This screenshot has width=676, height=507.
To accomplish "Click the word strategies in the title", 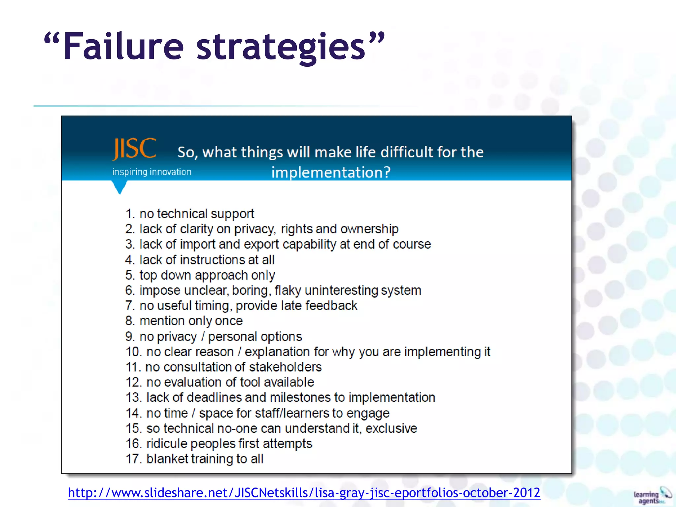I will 281,48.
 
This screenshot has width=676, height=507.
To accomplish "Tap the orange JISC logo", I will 134,149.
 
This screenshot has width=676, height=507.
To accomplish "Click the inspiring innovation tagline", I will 152,172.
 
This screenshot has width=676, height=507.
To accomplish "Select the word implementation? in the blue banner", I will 331,172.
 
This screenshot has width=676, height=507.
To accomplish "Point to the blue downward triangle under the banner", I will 119,188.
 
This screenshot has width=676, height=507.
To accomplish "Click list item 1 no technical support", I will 190,214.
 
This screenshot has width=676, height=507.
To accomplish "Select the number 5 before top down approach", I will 129,275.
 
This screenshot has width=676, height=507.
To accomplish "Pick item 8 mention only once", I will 184,321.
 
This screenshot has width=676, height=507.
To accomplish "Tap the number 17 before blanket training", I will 133,459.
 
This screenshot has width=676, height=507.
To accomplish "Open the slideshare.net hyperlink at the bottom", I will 304,493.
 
